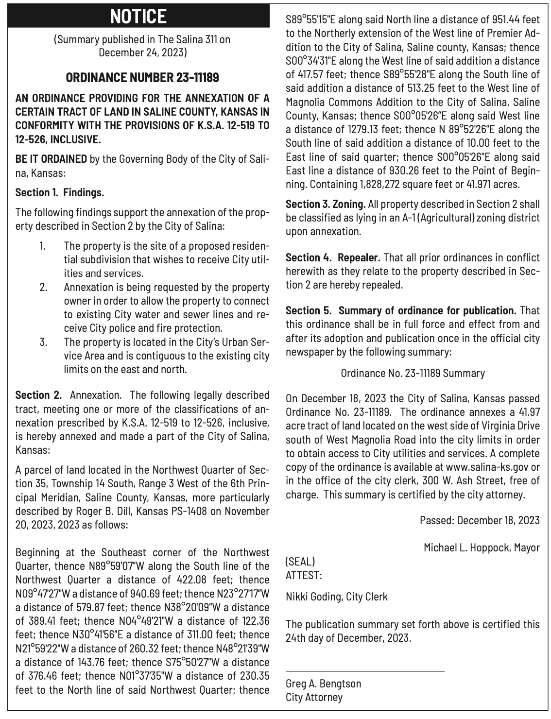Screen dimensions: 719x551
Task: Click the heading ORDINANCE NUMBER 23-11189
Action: (x=142, y=77)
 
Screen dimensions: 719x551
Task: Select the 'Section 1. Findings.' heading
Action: (x=60, y=192)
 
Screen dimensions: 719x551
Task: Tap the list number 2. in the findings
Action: (x=43, y=287)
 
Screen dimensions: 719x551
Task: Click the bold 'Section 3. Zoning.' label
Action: (x=326, y=204)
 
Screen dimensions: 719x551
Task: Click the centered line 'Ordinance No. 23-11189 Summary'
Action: (x=413, y=373)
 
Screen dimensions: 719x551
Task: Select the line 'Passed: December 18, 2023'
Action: (x=480, y=520)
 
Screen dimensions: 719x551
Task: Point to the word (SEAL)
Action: (x=300, y=562)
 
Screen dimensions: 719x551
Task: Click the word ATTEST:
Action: (x=303, y=575)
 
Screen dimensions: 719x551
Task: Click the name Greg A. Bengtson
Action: (x=323, y=684)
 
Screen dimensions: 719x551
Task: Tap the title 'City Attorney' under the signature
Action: (x=314, y=697)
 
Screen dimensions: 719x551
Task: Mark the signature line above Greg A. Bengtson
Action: (x=365, y=671)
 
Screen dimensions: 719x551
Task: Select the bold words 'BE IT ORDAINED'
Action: (x=52, y=159)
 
